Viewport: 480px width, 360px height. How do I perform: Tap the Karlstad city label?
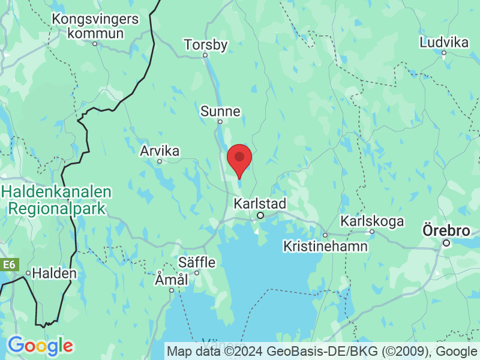[x=260, y=203]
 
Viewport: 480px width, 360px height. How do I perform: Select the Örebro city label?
[x=446, y=231]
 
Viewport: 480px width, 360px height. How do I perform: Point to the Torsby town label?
[x=206, y=44]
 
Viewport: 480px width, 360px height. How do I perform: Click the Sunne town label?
[x=220, y=111]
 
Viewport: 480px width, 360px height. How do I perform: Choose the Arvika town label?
[x=160, y=151]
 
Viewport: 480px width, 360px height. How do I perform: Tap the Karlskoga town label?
[x=372, y=221]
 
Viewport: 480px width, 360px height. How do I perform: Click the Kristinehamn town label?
[x=325, y=246]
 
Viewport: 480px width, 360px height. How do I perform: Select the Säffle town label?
[x=196, y=262]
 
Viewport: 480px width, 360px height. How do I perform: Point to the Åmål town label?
[x=172, y=280]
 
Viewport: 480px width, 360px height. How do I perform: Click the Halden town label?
[x=54, y=273]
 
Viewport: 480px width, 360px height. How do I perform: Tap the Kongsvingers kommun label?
[x=95, y=26]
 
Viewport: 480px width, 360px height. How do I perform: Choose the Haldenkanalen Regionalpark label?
[x=57, y=200]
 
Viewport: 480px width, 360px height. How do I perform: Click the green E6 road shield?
[x=8, y=265]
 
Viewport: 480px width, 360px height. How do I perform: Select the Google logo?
[x=40, y=345]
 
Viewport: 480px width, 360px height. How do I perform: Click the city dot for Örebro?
[x=446, y=243]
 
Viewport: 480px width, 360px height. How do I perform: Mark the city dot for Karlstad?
[x=260, y=215]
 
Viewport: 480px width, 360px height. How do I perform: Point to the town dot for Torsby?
[x=205, y=55]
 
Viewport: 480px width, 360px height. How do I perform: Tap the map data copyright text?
[x=323, y=351]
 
